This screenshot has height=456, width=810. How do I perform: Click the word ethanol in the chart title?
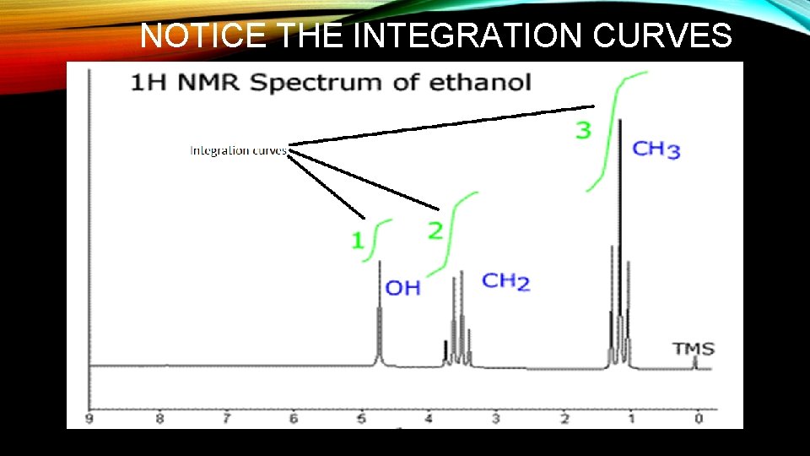click(x=480, y=83)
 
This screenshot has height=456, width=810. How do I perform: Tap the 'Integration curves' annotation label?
click(x=238, y=151)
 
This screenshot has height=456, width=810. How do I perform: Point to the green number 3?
click(x=583, y=131)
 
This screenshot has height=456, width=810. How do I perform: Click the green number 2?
click(x=435, y=231)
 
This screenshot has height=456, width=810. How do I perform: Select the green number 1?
click(x=358, y=241)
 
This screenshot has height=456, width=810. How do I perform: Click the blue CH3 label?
click(x=656, y=150)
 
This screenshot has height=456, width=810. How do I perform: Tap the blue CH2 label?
click(x=505, y=281)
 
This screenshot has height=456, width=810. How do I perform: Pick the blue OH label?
click(x=402, y=288)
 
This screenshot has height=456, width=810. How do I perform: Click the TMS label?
click(x=693, y=348)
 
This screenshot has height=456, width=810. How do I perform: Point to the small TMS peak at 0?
click(x=694, y=362)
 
